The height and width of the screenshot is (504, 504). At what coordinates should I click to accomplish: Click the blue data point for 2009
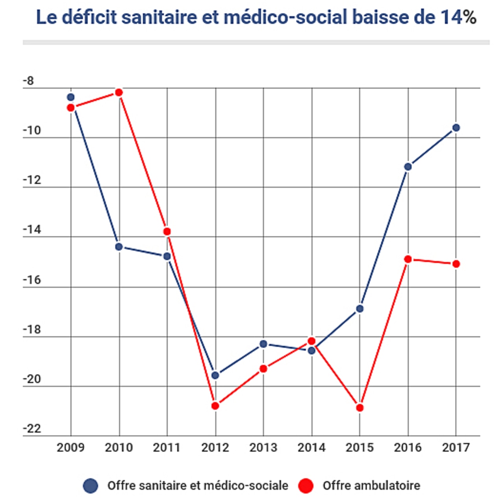pyautogui.click(x=71, y=97)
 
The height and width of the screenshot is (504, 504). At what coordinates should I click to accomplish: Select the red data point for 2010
pyautogui.click(x=119, y=93)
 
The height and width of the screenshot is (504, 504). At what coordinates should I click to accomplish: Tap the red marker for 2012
pyautogui.click(x=215, y=406)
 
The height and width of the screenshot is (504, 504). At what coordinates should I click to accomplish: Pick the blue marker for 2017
pyautogui.click(x=456, y=128)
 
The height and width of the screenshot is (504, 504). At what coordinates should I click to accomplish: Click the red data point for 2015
pyautogui.click(x=360, y=408)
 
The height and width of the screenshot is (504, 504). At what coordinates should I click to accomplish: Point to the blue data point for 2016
pyautogui.click(x=408, y=167)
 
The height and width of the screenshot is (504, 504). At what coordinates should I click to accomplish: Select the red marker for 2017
pyautogui.click(x=456, y=264)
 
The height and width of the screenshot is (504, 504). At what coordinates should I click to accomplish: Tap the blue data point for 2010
pyautogui.click(x=119, y=247)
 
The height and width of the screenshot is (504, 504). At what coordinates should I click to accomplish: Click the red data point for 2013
pyautogui.click(x=263, y=369)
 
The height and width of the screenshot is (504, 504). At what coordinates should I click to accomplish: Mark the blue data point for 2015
pyautogui.click(x=360, y=309)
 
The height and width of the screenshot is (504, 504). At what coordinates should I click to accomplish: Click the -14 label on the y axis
pyautogui.click(x=32, y=230)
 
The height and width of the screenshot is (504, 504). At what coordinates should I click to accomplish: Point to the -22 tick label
pyautogui.click(x=32, y=429)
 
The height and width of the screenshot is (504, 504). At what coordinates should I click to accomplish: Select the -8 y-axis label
pyautogui.click(x=28, y=81)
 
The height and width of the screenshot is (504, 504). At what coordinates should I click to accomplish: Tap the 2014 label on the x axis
pyautogui.click(x=311, y=448)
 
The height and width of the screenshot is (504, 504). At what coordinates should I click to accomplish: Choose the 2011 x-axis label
pyautogui.click(x=167, y=448)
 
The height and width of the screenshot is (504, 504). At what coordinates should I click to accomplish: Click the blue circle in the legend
pyautogui.click(x=91, y=486)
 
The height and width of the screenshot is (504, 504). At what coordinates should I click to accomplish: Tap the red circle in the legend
pyautogui.click(x=306, y=486)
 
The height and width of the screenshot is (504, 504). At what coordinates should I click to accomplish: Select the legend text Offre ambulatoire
pyautogui.click(x=371, y=486)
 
